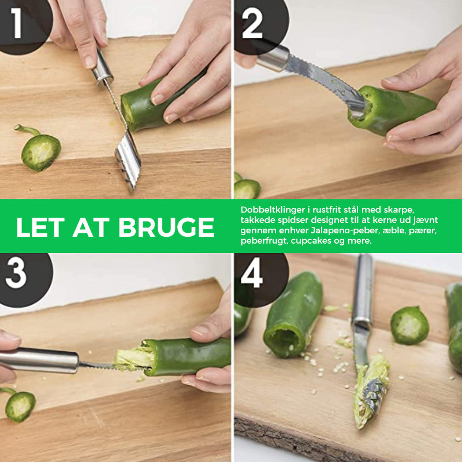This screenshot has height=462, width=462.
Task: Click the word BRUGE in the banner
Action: (166, 228)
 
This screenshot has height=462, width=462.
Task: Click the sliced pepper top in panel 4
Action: (409, 325)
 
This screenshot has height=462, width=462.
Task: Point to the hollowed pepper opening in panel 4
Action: (281, 342)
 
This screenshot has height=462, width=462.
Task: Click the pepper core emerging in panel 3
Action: (133, 359)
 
